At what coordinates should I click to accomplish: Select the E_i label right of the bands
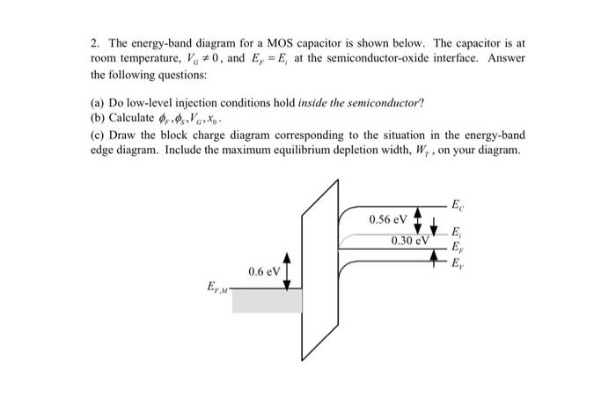(x=455, y=232)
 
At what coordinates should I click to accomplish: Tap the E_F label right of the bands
(x=455, y=247)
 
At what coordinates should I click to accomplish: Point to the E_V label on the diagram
(x=455, y=264)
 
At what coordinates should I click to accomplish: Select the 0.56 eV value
(x=388, y=218)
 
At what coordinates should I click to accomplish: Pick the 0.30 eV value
(x=410, y=240)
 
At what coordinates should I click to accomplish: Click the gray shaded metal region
(x=267, y=300)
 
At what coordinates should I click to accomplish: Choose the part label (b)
(x=98, y=118)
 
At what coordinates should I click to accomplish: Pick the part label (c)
(x=98, y=135)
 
